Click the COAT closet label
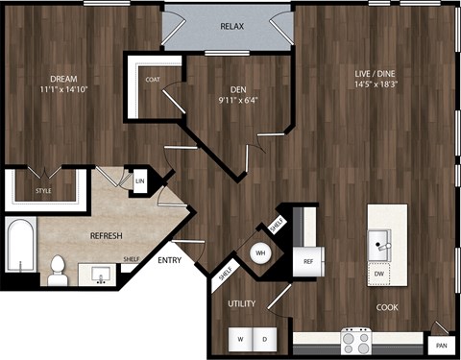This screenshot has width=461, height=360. pyautogui.click(x=153, y=81)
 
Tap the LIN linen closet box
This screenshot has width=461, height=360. pyautogui.click(x=139, y=180)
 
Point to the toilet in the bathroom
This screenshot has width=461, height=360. pyautogui.click(x=59, y=270)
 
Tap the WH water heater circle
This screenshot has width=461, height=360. pyautogui.click(x=259, y=253)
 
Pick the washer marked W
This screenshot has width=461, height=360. pyautogui.click(x=238, y=340)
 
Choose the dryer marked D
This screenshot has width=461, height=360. pyautogui.click(x=265, y=340)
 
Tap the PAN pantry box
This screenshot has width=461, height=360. pyautogui.click(x=441, y=345)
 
